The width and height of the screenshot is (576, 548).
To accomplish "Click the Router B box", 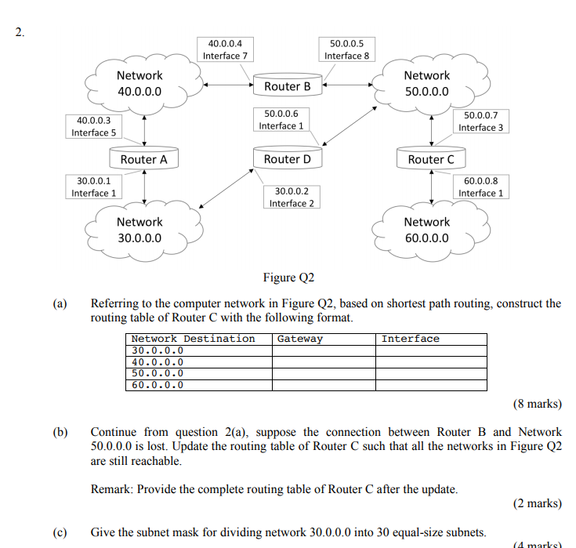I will [288, 86].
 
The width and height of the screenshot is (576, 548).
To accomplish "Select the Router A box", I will [144, 159].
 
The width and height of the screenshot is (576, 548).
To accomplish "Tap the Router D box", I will [288, 159].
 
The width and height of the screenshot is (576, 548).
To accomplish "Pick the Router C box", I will [431, 159].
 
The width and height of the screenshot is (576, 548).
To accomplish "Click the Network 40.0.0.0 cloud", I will [139, 83].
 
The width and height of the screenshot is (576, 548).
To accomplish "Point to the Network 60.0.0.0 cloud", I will [427, 230].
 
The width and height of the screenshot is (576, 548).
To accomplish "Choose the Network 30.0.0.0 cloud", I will [139, 230].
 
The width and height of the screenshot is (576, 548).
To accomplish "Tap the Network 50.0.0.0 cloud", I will [427, 83].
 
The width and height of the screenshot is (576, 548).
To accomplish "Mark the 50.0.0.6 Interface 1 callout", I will [281, 119].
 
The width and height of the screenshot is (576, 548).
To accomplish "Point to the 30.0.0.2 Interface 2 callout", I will [292, 197].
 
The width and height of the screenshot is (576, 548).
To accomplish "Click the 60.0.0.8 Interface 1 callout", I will [481, 187].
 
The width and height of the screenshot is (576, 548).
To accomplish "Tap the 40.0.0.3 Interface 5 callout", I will [93, 126].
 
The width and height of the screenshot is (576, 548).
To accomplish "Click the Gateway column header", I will [300, 339].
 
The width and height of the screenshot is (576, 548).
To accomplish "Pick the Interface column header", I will [411, 339].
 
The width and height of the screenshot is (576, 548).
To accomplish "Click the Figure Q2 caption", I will [288, 278].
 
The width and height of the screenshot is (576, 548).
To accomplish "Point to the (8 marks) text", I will [538, 405].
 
